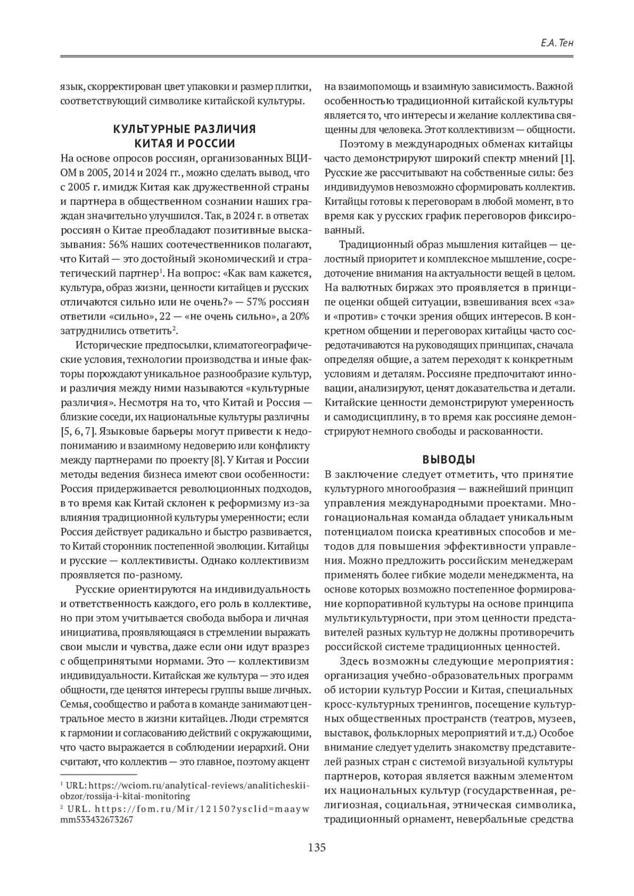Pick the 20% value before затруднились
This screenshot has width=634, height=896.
pos(299,317)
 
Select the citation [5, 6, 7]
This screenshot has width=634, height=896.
pos(79,431)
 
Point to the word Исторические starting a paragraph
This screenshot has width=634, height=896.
pos(109,345)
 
